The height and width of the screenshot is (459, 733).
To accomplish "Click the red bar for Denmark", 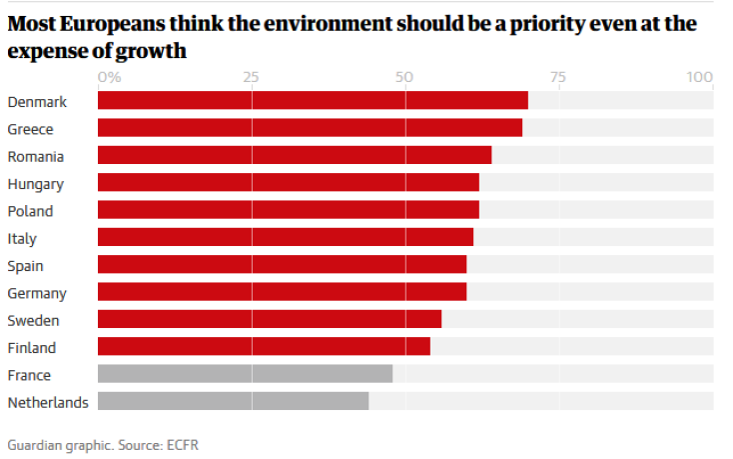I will point(312,100).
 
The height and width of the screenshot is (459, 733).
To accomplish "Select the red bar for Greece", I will point(310,128).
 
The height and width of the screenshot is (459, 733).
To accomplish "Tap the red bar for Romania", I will point(294,155).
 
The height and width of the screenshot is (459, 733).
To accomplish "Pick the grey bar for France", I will point(245,374).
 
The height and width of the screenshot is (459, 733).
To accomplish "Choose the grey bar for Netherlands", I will point(233,401).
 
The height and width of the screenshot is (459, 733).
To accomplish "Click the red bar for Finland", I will point(264,346).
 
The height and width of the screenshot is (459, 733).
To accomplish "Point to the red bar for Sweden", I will point(269,319).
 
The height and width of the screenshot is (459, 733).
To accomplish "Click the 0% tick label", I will point(109,77).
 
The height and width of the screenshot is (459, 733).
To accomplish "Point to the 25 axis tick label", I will point(251,77).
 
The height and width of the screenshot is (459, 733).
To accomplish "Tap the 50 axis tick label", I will point(404,77).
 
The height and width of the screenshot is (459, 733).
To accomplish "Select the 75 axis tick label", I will point(557,77).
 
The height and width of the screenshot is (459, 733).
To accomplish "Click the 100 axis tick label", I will point(700,77).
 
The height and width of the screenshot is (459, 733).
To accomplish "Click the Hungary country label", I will point(35,184).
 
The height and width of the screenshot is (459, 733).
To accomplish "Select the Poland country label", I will point(30,211).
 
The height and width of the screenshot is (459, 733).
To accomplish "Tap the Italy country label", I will point(23,238).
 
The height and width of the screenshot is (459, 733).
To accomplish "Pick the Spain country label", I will point(26,266).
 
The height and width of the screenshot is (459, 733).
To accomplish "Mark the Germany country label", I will point(37,293).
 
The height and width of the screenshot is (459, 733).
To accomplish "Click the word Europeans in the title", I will point(119,23).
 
